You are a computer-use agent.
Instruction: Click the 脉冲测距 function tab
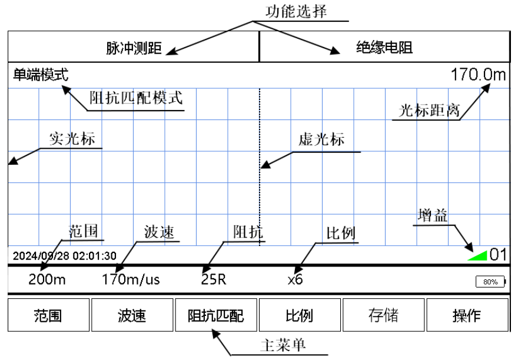(134, 47)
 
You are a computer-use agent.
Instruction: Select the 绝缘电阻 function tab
(383, 47)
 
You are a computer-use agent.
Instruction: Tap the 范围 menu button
(49, 315)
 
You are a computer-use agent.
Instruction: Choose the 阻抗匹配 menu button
(216, 315)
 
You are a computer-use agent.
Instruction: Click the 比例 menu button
(300, 315)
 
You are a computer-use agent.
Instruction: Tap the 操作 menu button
(467, 315)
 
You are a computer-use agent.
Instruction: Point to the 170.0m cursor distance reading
(478, 75)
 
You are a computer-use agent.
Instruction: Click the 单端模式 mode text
(41, 75)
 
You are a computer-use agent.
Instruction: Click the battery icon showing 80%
(490, 282)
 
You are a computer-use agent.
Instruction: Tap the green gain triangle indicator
(479, 255)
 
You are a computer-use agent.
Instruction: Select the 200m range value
(47, 279)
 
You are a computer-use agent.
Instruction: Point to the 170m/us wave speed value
(131, 279)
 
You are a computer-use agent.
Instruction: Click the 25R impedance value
(214, 279)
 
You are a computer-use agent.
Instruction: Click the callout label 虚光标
(321, 141)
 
